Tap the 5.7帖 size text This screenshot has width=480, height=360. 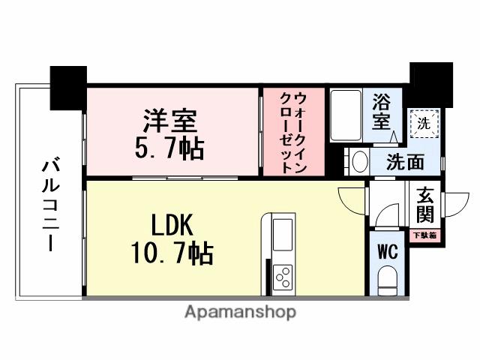point(169,147)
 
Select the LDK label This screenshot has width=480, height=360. point(173,224)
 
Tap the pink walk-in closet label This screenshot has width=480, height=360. point(293,132)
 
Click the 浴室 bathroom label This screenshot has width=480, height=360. point(382,110)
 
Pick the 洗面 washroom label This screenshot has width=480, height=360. point(405,160)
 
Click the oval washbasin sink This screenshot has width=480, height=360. point(359,161)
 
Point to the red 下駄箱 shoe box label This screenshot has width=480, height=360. point(425,235)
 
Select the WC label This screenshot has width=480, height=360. point(387,250)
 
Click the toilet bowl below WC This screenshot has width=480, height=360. point(387,281)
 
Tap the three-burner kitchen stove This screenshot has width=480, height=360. point(284,278)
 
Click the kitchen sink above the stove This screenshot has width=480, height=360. point(284,235)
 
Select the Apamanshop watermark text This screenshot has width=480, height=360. point(239,313)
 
